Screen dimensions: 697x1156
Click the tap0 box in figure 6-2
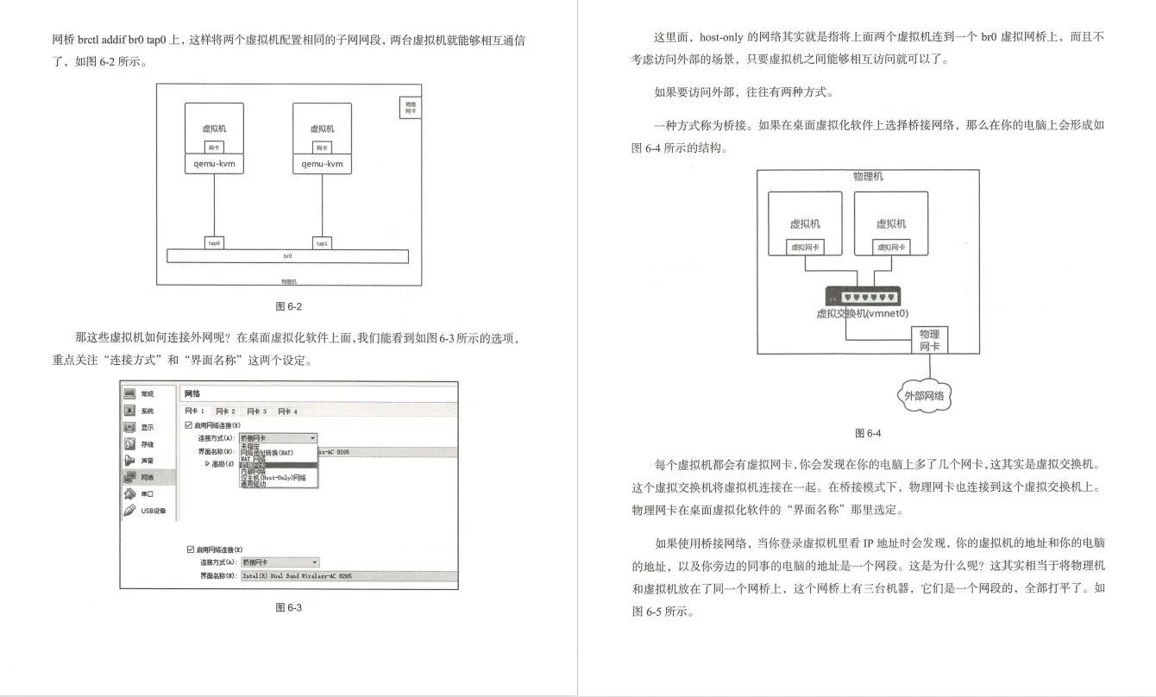click(214, 243)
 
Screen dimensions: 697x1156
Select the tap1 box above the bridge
click(322, 243)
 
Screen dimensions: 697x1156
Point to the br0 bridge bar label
click(287, 256)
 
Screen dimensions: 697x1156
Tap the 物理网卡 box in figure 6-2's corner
click(411, 107)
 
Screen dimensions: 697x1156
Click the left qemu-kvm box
click(214, 164)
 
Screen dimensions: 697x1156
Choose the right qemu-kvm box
click(322, 164)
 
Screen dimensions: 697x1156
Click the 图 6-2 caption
click(288, 306)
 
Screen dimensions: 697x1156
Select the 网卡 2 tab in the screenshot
click(226, 411)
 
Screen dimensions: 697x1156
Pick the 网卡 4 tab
click(287, 411)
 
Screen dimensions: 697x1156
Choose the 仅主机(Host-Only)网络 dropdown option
click(273, 477)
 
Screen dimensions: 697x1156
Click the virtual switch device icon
click(863, 295)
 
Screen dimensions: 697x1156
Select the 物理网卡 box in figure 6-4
click(929, 340)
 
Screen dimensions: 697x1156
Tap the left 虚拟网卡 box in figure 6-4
click(805, 247)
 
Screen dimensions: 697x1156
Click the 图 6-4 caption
click(868, 433)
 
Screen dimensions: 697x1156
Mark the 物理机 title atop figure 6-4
click(868, 177)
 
